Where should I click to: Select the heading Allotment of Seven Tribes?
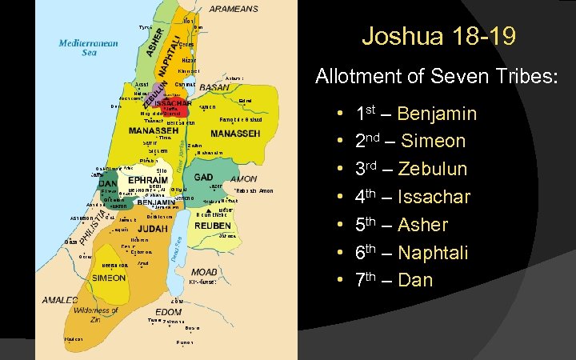[x=436, y=78]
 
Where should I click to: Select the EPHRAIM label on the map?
[x=147, y=180]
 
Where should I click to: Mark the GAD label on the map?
[x=203, y=177]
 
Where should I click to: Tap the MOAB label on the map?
[x=204, y=272]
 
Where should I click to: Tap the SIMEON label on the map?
[x=107, y=278]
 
